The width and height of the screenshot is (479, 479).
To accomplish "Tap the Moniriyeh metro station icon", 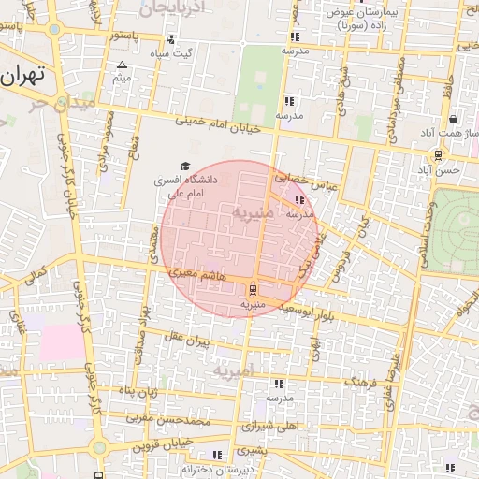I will (254, 288).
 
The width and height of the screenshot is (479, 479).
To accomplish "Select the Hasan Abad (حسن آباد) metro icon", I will (437, 155).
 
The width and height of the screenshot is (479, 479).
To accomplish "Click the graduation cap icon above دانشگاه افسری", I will (184, 167).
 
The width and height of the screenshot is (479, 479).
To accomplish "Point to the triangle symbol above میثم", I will (122, 65).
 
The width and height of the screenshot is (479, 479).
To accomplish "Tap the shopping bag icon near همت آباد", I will (454, 120).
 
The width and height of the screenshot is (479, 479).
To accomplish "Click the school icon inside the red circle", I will (298, 199).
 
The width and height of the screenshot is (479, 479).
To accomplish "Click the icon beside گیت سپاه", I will (170, 40).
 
